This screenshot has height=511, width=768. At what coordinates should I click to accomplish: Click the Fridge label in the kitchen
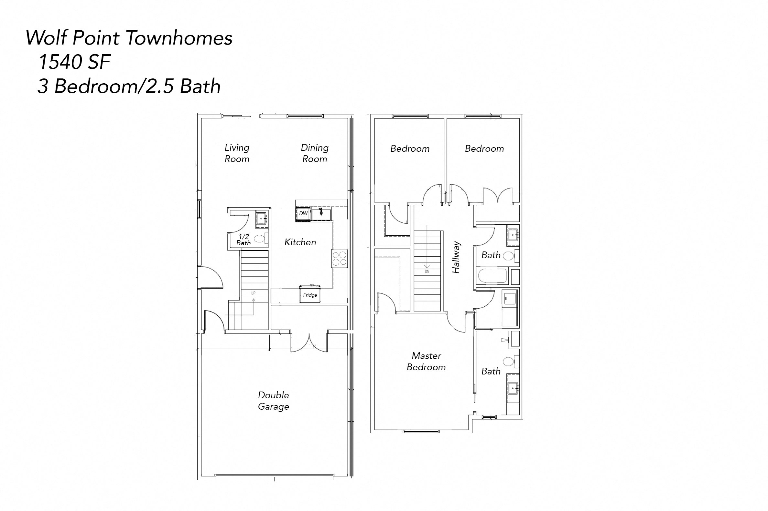point(310,295)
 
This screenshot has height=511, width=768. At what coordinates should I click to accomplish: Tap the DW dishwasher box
point(303,213)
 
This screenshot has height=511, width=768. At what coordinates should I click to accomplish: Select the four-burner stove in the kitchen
point(339,259)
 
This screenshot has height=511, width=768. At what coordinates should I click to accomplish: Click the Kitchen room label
point(300,242)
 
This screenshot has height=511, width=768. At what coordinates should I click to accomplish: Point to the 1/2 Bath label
point(243,240)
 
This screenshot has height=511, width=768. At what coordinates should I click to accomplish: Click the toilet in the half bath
point(259,239)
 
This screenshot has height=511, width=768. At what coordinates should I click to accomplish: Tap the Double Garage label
point(274,401)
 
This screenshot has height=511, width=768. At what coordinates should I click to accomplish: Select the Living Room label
point(237,153)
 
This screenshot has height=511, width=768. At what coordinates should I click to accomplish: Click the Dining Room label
point(314,153)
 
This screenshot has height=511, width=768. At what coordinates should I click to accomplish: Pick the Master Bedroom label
point(426,361)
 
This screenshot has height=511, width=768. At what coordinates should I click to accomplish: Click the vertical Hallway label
point(456,257)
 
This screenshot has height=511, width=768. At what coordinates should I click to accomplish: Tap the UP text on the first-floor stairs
point(253,293)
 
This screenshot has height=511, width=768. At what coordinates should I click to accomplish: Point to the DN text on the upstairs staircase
point(427,271)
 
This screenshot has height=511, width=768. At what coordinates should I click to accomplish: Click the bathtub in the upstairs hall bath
point(492,275)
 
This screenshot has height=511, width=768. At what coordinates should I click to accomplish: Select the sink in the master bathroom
point(513,388)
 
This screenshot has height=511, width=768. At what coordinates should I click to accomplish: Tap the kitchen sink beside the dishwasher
point(321,214)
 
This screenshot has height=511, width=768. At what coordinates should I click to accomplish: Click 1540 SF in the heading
point(75,62)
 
